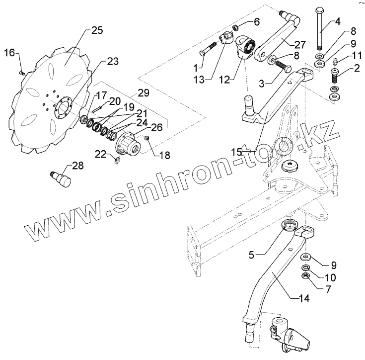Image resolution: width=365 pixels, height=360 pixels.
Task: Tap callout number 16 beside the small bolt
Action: [x=10, y=53]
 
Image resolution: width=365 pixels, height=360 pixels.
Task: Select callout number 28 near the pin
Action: [x=78, y=165]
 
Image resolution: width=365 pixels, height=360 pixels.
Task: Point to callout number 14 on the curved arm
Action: [x=304, y=299]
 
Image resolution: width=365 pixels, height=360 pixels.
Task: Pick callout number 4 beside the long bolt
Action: [x=337, y=21]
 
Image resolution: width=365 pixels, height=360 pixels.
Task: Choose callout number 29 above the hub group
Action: [x=144, y=93]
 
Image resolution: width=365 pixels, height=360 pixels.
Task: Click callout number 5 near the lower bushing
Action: [x=252, y=255]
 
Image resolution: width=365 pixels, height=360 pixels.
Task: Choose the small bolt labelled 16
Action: [x=21, y=73]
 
